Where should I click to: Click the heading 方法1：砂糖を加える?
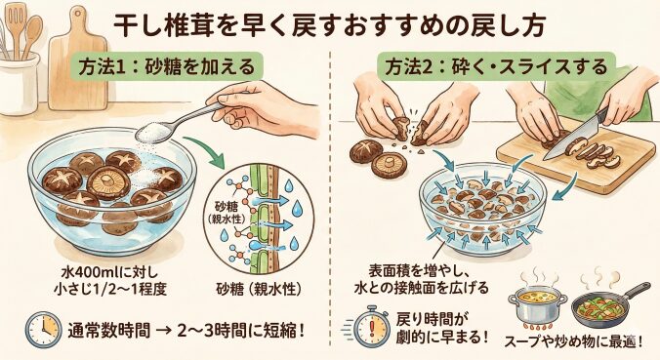tap(166, 66)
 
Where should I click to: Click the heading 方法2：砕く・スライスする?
tap(496, 66)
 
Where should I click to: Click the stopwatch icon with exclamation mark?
tap(370, 327)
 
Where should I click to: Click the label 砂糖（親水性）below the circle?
tap(259, 289)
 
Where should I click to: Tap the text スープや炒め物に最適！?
tap(574, 341)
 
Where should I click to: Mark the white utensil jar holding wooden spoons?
tap(18, 82)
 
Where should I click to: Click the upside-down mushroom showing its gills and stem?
tap(389, 164)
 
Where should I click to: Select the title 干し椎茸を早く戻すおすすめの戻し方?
tap(330, 25)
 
